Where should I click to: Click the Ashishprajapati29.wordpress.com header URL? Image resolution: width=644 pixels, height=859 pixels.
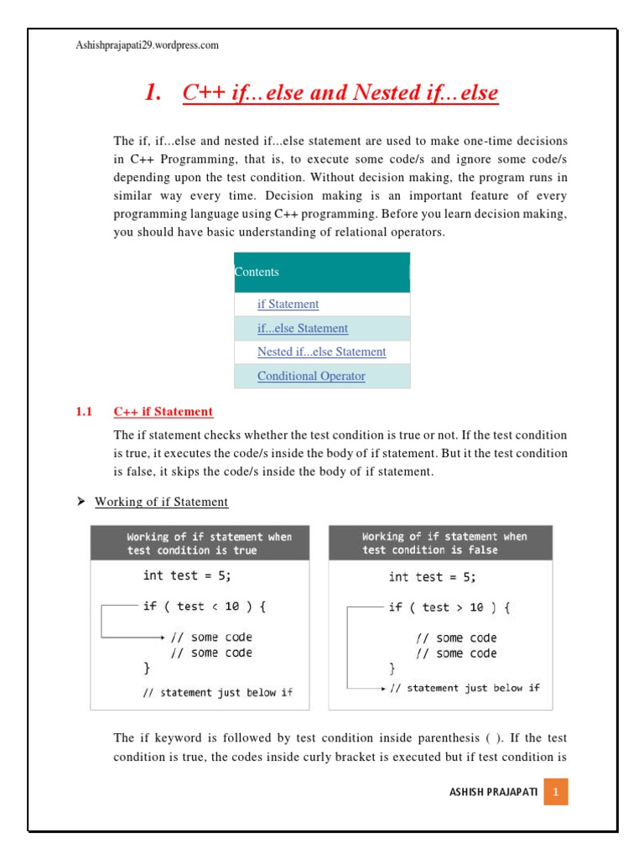(147, 45)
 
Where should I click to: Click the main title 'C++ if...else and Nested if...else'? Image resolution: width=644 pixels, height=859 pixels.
(340, 93)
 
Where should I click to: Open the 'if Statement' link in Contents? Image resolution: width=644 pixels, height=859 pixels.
(288, 305)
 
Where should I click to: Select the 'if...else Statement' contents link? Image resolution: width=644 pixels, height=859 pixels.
(302, 328)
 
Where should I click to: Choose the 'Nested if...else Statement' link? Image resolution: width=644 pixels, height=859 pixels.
(321, 351)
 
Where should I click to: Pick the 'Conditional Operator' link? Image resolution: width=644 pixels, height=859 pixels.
(311, 376)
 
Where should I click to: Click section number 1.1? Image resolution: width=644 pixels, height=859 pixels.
(83, 412)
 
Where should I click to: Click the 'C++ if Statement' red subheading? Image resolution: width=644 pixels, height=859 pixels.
(164, 412)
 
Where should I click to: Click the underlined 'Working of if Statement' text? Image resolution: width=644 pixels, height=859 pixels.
(161, 502)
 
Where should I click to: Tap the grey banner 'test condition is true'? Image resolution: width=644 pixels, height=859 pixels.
(200, 543)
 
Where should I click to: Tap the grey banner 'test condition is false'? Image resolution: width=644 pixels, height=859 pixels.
(440, 543)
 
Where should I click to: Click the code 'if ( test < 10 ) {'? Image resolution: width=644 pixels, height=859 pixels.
(205, 607)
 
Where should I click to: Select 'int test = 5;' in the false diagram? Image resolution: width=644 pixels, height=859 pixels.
(433, 577)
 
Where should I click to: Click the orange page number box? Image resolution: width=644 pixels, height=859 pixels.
(556, 792)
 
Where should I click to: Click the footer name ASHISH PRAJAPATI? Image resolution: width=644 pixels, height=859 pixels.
(494, 792)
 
